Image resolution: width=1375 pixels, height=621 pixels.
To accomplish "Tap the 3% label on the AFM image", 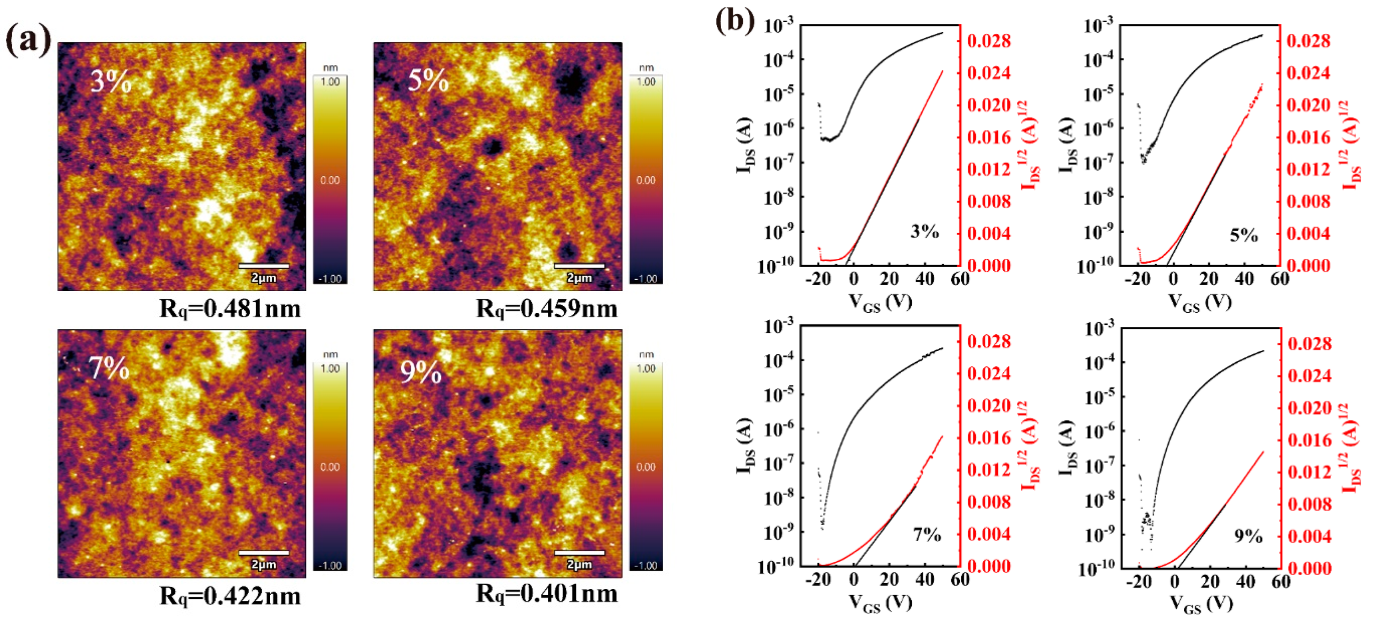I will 110,82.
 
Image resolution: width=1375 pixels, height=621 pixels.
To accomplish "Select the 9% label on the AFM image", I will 420,372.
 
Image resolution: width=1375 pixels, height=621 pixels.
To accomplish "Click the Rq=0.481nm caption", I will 230,309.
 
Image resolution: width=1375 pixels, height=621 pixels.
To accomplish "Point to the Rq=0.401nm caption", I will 546,593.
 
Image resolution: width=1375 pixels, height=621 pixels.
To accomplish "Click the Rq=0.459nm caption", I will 546,309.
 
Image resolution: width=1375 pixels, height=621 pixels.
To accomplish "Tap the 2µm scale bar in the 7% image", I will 264,553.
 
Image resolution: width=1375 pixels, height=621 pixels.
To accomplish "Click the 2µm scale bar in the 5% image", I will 579,266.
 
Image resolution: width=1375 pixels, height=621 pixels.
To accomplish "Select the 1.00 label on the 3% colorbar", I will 330,82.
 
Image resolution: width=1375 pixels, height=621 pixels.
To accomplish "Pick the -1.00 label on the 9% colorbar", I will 646,566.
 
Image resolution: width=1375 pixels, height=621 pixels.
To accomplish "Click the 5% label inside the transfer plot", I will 1243,236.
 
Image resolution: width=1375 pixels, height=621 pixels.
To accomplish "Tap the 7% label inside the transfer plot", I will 927,534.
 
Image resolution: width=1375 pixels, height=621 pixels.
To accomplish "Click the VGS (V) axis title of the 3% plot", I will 880,303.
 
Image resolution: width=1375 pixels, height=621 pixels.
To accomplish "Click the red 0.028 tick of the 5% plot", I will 1308,41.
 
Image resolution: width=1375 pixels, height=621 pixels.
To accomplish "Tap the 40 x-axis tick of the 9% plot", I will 1245,581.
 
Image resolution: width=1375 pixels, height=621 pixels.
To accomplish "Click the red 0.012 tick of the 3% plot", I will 989,170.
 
